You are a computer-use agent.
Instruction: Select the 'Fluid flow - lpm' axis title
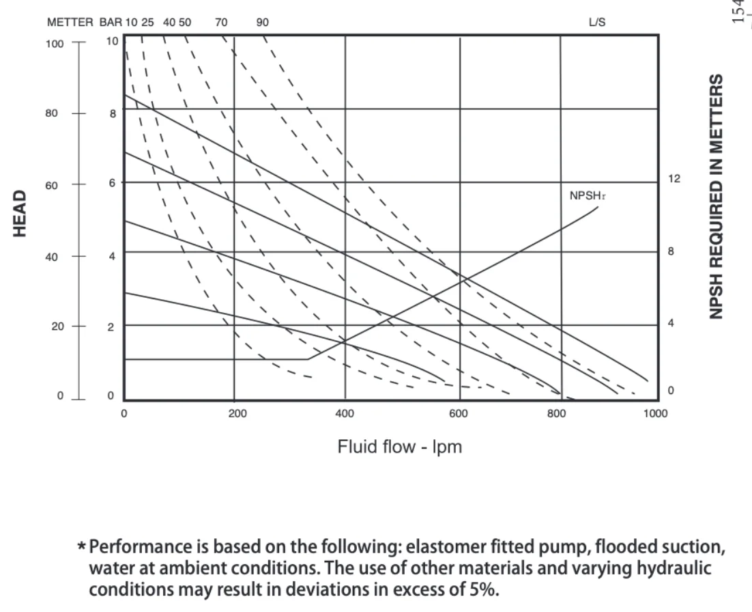pyautogui.click(x=400, y=448)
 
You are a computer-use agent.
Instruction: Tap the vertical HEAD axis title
pyautogui.click(x=21, y=214)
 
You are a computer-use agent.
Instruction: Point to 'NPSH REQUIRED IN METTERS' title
pyautogui.click(x=716, y=196)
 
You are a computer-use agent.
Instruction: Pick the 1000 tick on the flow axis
pyautogui.click(x=656, y=413)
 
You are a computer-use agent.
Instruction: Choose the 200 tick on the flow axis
pyautogui.click(x=234, y=413)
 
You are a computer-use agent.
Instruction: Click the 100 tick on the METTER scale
pyautogui.click(x=54, y=43)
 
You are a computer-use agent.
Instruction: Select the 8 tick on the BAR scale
pyautogui.click(x=113, y=113)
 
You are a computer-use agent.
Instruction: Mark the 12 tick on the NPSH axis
pyautogui.click(x=674, y=179)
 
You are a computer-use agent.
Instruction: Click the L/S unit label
pyautogui.click(x=596, y=22)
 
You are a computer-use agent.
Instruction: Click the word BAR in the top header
pyautogui.click(x=110, y=22)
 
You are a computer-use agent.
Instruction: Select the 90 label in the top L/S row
pyautogui.click(x=263, y=22)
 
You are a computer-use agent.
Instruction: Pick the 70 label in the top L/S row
pyautogui.click(x=221, y=22)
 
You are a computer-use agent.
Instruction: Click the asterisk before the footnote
pyautogui.click(x=82, y=546)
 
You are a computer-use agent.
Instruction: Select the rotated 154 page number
pyautogui.click(x=740, y=12)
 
